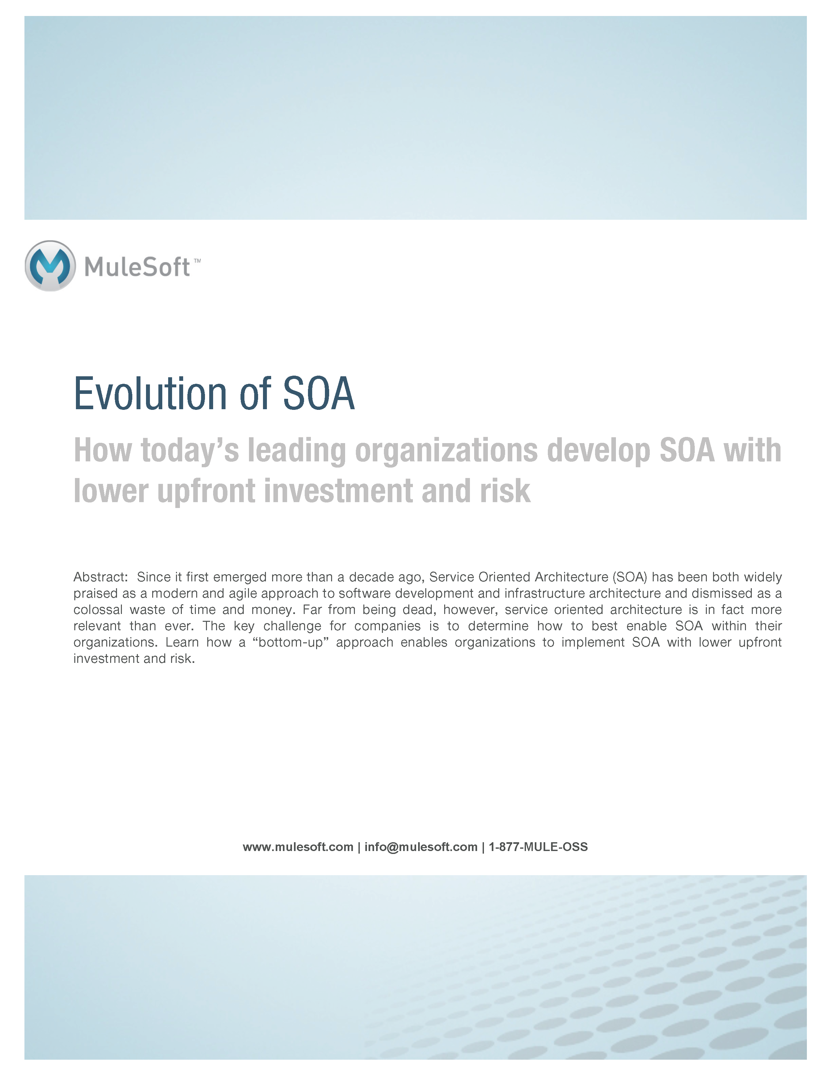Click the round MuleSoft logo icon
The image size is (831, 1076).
click(x=50, y=266)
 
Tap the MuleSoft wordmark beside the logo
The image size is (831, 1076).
click(x=137, y=267)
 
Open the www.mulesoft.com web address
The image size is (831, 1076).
click(x=298, y=847)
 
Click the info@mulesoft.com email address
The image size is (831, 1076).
click(x=421, y=847)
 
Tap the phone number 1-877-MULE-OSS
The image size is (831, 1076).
click(x=538, y=847)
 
